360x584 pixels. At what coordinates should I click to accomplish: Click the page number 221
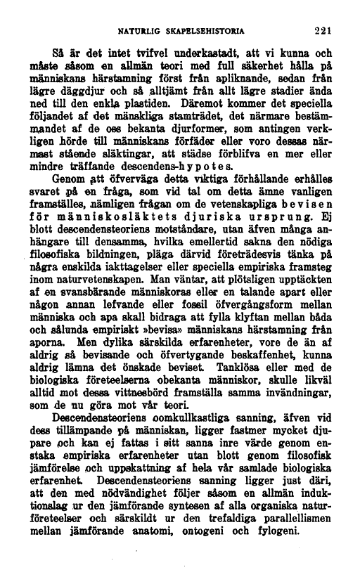[322, 30]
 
